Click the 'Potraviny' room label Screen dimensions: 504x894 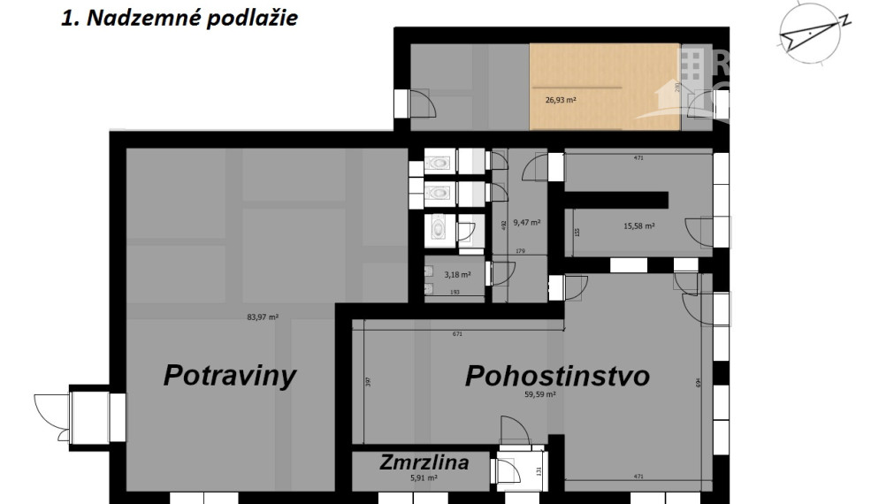click(x=229, y=375)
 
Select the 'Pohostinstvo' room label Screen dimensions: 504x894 click(x=557, y=376)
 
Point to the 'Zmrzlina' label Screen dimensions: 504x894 click(x=424, y=462)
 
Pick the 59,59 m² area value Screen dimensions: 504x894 click(x=539, y=396)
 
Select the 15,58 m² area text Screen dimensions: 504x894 click(x=638, y=226)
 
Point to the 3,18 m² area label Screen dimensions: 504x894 click(x=456, y=275)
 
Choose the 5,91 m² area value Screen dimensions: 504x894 click(x=424, y=478)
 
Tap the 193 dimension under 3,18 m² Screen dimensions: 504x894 click(x=456, y=291)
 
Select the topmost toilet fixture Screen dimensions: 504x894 click(x=439, y=163)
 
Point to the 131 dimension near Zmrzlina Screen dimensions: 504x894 click(x=538, y=470)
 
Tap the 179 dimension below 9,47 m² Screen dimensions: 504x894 click(x=520, y=251)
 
